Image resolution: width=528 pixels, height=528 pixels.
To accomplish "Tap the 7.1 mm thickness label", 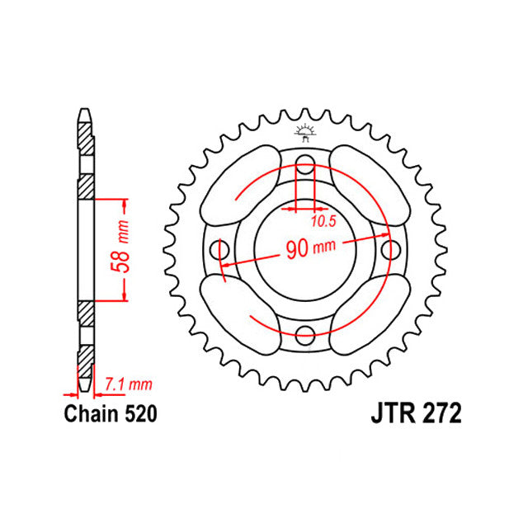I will coord(130,384).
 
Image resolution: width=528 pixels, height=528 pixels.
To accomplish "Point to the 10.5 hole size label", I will coord(323,222).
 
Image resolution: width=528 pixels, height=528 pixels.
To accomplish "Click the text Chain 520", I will coord(111,412).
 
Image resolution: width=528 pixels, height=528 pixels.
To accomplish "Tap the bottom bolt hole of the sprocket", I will coord(304,334).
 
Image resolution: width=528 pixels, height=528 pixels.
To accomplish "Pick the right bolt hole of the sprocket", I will coord(390,248).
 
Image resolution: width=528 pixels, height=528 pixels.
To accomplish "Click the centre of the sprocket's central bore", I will coord(304,248).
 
